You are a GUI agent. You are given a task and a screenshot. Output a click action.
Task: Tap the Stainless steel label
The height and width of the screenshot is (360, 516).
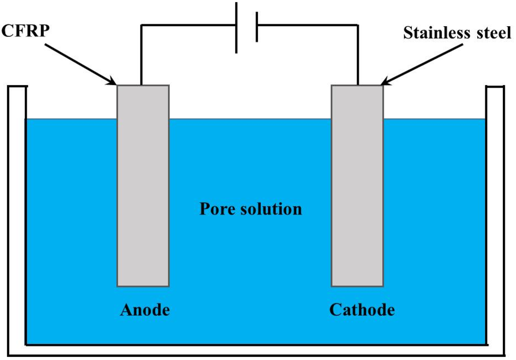pos(457,34)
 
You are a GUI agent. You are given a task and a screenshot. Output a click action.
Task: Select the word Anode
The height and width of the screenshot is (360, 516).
pos(145,310)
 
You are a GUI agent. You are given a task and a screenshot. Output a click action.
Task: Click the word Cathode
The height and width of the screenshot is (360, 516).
pos(362,310)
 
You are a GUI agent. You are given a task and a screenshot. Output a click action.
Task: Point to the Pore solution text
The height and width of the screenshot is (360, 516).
pos(250,208)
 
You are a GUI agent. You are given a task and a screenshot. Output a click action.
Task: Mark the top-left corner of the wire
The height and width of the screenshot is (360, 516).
pos(141,24)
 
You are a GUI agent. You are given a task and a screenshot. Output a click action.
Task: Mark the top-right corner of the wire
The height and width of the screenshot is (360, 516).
pos(358,24)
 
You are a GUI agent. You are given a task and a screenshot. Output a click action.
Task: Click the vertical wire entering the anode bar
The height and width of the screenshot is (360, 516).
pos(141,55)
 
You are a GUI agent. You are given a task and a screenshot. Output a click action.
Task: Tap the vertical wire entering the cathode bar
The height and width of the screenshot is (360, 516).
pos(358,55)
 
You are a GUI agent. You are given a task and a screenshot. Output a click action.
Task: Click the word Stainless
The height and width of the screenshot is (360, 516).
pos(437,34)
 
